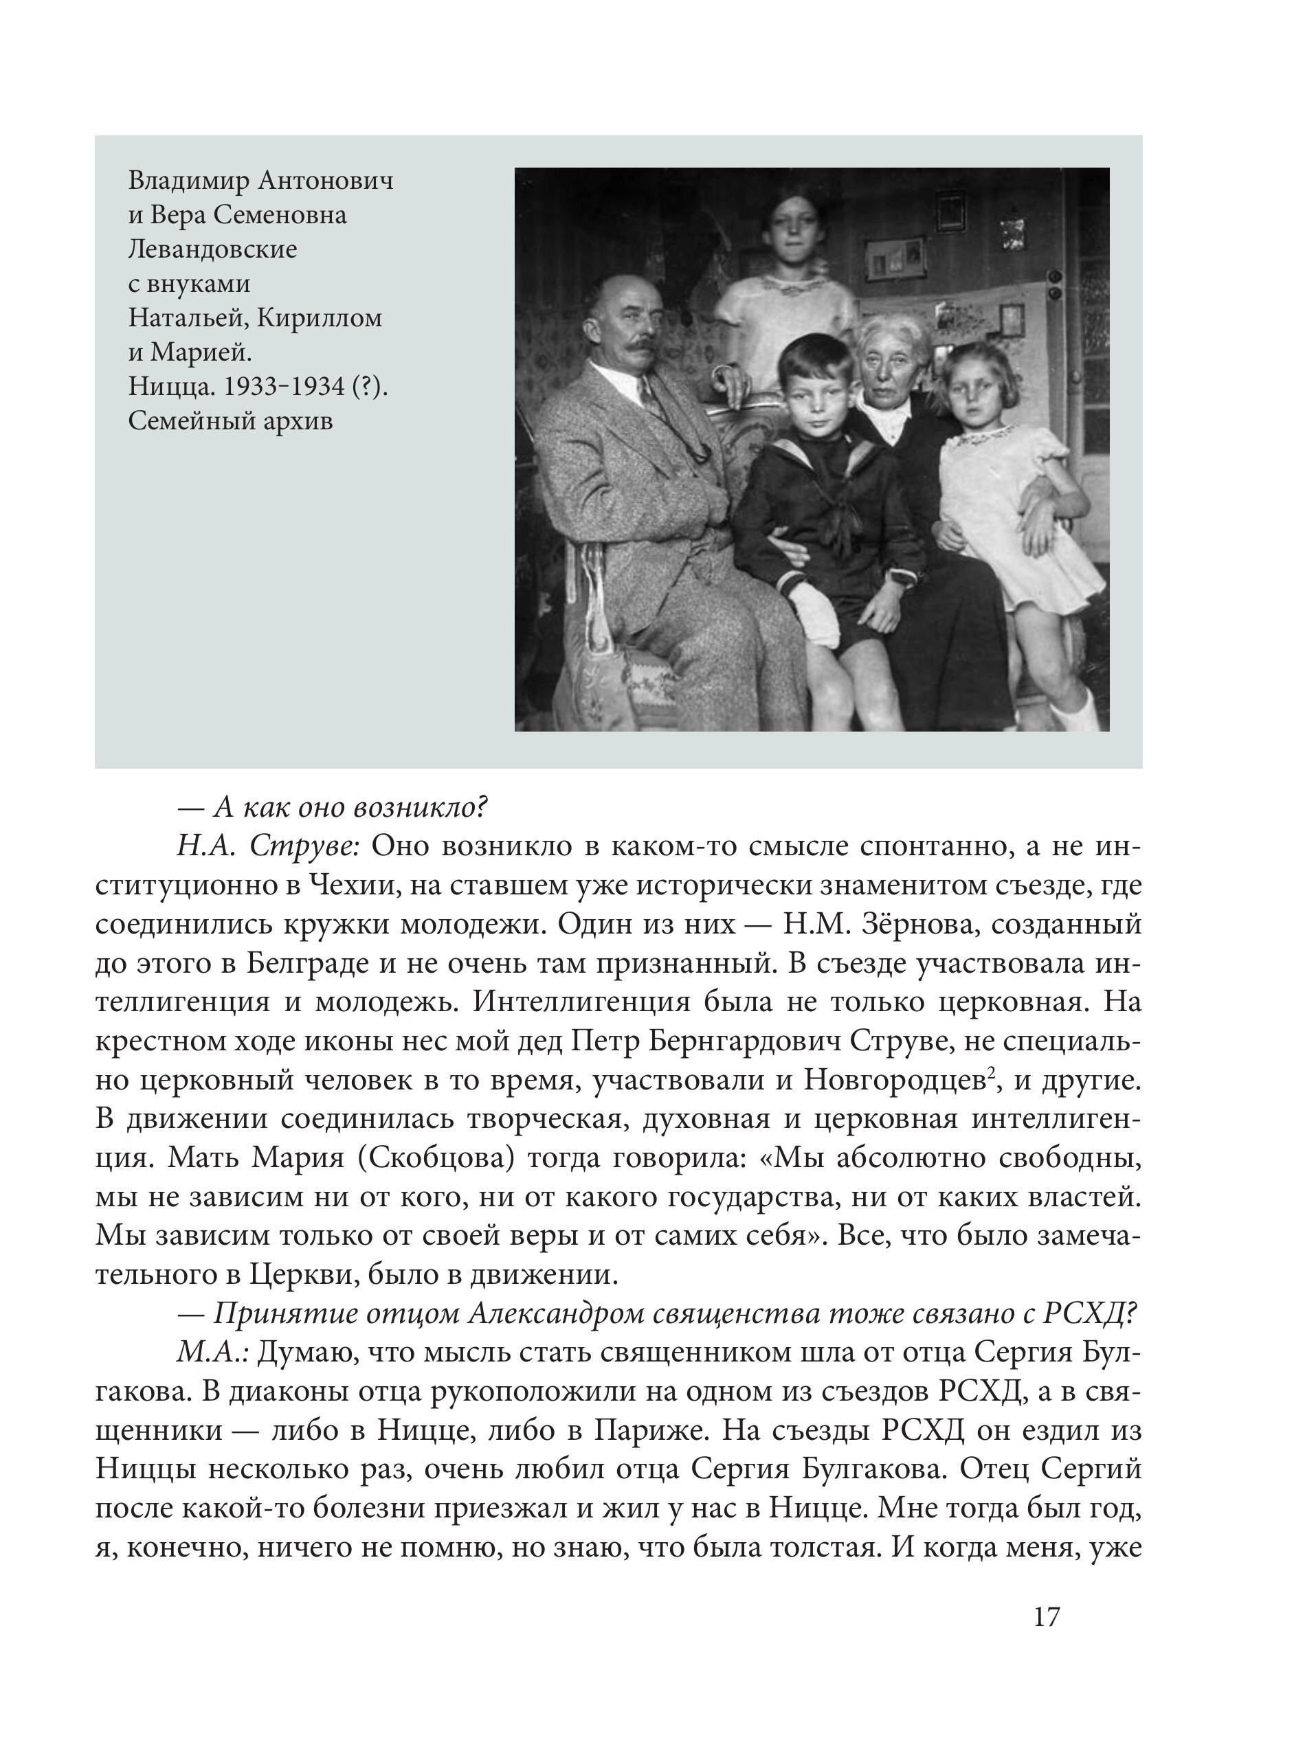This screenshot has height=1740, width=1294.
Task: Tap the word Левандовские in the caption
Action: click(213, 250)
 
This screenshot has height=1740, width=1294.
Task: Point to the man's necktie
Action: click(649, 396)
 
